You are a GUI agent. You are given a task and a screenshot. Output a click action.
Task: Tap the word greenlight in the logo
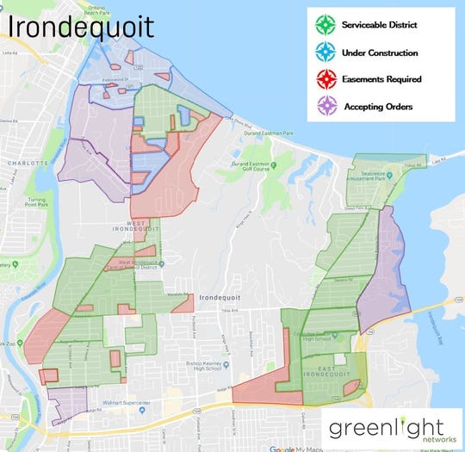386,426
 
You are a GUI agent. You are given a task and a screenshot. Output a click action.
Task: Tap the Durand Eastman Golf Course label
251,166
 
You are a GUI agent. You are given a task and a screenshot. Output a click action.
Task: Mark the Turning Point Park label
36,201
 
